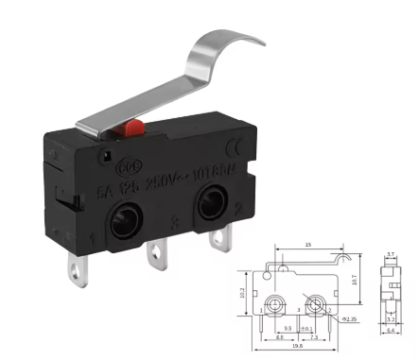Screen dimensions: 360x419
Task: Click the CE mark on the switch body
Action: coord(236,146)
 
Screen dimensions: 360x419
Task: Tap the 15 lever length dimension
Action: coord(307,246)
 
